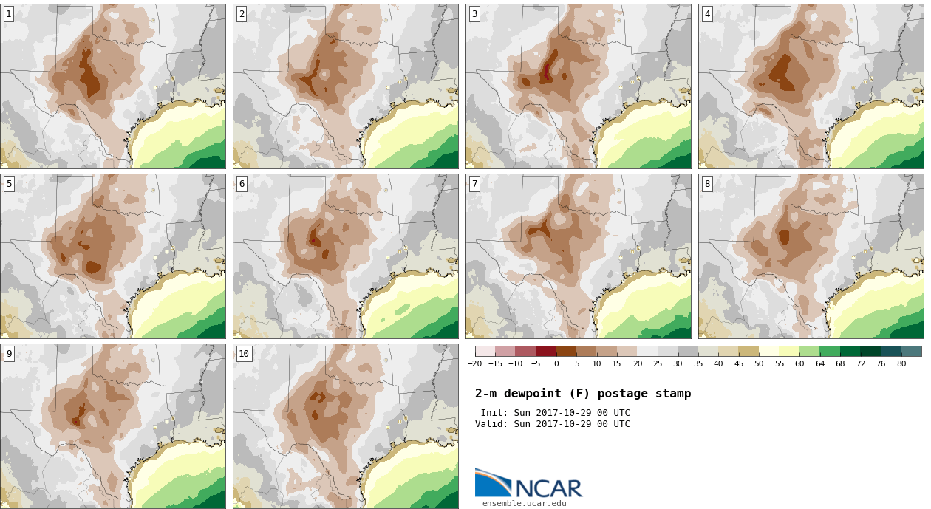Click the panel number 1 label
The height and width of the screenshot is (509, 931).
click(x=9, y=15)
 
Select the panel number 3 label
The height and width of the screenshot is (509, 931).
click(x=474, y=15)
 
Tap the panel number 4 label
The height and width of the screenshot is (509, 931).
click(x=707, y=15)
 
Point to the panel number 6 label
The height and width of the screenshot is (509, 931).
click(x=242, y=184)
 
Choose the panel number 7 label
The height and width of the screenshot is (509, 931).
click(x=474, y=184)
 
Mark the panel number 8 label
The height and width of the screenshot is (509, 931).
click(x=707, y=184)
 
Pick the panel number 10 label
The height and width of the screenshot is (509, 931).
click(x=244, y=354)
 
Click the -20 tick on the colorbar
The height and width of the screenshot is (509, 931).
click(x=475, y=363)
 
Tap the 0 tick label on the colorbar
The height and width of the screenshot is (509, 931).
click(x=556, y=363)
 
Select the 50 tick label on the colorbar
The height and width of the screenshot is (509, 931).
click(x=759, y=363)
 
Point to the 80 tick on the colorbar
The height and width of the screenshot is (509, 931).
click(x=901, y=363)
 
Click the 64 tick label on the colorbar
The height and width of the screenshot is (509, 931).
click(x=819, y=363)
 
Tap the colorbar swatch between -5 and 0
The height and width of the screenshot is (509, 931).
click(x=546, y=352)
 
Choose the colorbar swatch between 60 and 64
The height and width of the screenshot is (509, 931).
click(x=810, y=352)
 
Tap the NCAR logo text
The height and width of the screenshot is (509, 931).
click(x=549, y=488)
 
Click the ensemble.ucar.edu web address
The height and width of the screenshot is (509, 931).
click(x=525, y=504)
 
